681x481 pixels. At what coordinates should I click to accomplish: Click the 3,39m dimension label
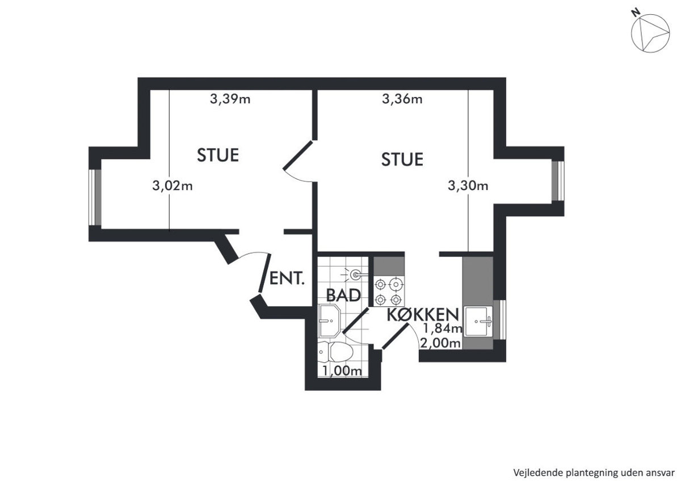pos(230,99)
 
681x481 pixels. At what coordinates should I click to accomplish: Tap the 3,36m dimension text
pos(402,99)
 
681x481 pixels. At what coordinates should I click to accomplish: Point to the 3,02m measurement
pos(173,185)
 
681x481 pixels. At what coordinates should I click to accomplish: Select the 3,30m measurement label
pos(468,185)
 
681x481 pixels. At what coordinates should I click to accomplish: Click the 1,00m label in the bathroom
pos(342,371)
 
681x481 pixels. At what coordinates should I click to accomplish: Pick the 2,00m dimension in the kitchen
pos(440,343)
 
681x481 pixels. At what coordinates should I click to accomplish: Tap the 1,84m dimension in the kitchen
pos(443,328)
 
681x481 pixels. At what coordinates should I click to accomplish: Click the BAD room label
pos(343,295)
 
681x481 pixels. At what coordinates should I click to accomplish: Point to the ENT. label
pos(287,279)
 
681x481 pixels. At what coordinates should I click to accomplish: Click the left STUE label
pos(218,155)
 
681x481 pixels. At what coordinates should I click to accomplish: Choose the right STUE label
pos(402,159)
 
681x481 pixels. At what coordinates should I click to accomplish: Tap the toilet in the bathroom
pos(335,352)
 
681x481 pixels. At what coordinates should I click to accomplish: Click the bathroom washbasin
pos(329,320)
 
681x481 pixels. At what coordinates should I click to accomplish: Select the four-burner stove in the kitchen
pos(389,292)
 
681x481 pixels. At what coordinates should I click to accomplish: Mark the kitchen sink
pos(478,321)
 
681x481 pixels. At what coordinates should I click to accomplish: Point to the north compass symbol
pos(650,34)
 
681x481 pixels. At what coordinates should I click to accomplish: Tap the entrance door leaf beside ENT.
pos(264,273)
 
